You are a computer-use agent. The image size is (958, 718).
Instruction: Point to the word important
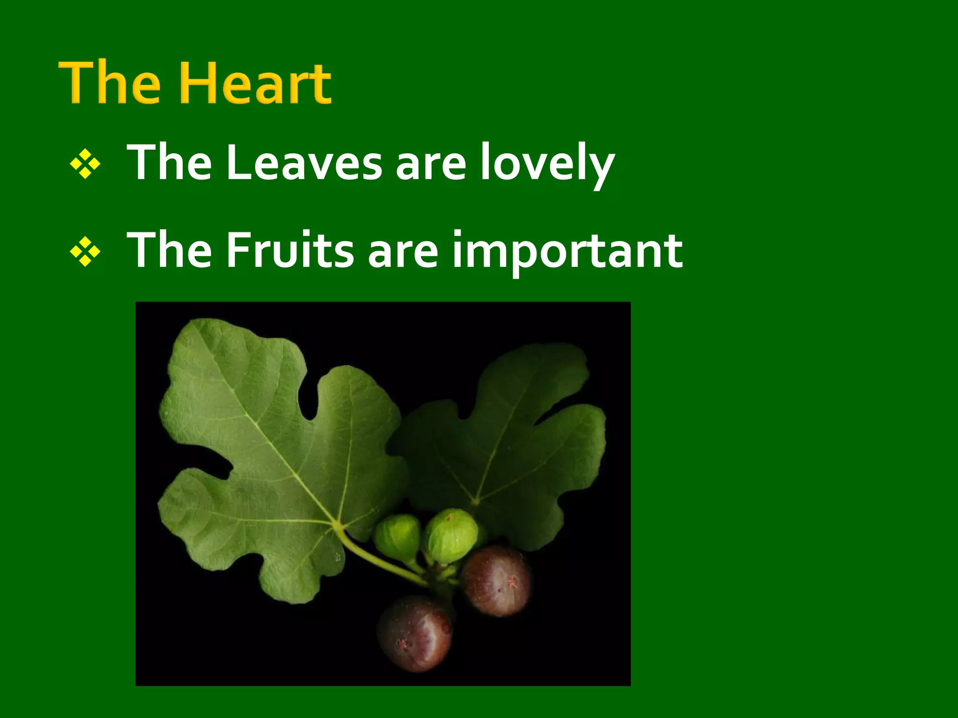[566, 251]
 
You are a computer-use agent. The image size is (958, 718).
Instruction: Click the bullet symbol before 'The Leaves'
[85, 164]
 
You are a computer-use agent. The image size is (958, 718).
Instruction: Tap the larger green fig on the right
[451, 535]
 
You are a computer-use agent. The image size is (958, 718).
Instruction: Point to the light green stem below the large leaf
[374, 561]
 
